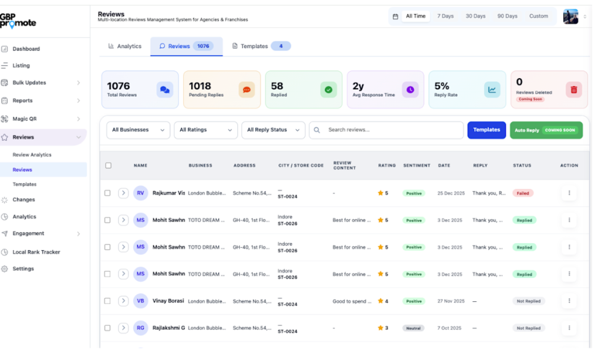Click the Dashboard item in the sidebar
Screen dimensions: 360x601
[26, 49]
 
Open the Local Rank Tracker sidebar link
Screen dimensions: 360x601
[36, 252]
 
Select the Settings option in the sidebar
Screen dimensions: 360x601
[23, 268]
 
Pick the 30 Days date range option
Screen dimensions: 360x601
[475, 16]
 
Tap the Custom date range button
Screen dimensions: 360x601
[538, 16]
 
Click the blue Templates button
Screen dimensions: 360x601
[486, 130]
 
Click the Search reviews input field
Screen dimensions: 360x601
[390, 130]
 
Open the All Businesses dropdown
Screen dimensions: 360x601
[138, 130]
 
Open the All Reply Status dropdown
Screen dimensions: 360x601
[273, 130]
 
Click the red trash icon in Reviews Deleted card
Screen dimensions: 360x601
[573, 90]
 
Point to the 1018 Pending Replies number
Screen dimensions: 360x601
[200, 86]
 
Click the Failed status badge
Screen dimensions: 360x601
[522, 193]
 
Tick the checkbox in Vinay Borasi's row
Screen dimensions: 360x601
[107, 301]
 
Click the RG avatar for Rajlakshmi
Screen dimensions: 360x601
[141, 328]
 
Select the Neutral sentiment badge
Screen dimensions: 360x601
[413, 328]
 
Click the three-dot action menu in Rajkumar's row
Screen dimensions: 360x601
[569, 193]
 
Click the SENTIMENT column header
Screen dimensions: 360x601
[417, 166]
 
